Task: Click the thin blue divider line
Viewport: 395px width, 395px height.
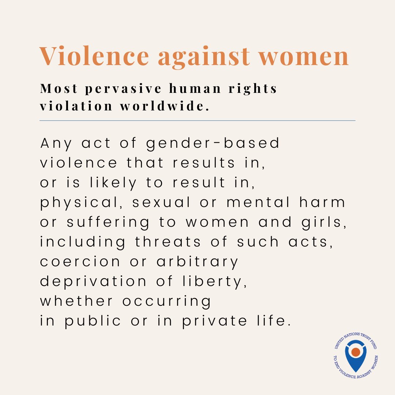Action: coord(197,120)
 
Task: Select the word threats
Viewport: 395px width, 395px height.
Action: coord(168,242)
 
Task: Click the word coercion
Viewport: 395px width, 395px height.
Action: coord(80,262)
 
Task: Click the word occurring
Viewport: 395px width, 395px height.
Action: coord(167,301)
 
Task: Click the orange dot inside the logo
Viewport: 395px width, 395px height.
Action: coord(355,352)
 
